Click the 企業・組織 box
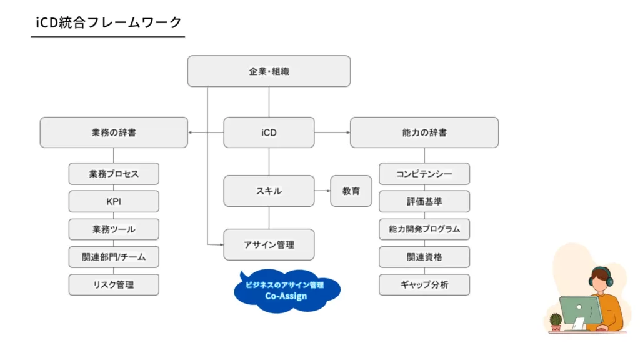[269, 71]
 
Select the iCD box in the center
[269, 132]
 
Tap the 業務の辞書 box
[114, 132]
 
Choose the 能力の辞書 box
[424, 132]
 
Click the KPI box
[114, 201]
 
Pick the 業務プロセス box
[114, 174]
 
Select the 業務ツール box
[114, 229]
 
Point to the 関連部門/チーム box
[114, 257]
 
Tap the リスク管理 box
[114, 285]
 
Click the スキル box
[269, 191]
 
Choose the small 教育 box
[351, 191]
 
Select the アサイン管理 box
[269, 245]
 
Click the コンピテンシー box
[424, 174]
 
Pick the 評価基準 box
[424, 201]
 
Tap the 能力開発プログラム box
[424, 229]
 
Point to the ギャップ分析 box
[424, 285]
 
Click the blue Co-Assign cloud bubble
[286, 291]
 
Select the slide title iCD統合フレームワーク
[109, 22]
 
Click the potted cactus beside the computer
[556, 322]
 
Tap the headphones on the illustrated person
[601, 276]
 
